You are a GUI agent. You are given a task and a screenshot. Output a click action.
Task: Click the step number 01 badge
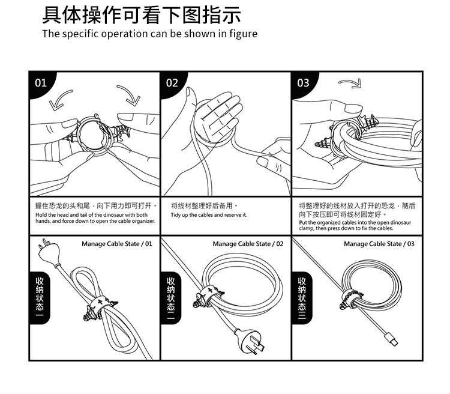click(41, 82)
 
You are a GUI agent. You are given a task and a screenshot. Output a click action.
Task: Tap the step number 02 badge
click(172, 82)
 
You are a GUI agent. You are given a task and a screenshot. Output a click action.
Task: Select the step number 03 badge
click(304, 82)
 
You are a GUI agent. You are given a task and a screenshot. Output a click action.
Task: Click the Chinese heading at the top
click(142, 14)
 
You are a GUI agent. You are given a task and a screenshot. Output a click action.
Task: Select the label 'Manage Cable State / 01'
click(117, 244)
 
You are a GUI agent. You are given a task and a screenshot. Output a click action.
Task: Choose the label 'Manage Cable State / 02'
click(248, 244)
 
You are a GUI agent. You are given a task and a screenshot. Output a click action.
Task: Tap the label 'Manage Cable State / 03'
click(379, 244)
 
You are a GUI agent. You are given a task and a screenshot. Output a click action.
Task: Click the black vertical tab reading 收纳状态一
click(40, 297)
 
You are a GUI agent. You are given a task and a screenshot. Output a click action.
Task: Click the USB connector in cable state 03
click(390, 339)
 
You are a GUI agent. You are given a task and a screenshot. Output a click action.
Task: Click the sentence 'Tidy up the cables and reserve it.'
click(208, 215)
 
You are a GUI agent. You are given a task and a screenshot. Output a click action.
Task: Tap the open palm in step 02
click(219, 114)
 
